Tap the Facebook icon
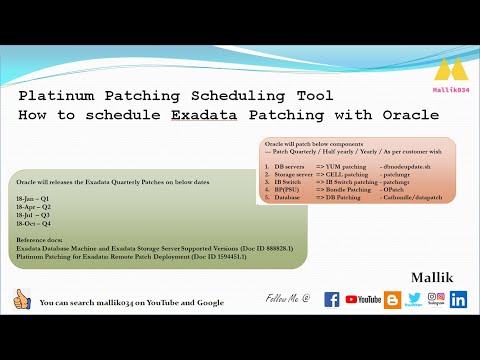click(x=327, y=299)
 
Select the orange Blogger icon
click(x=392, y=298)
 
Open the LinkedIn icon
click(x=459, y=299)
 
